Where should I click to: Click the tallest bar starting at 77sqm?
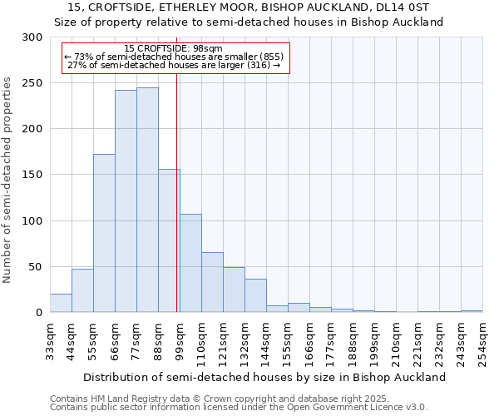coord(147,200)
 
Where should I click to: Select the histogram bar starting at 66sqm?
coord(126,201)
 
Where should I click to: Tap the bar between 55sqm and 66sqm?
coord(104,233)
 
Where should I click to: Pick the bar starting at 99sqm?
coord(190,263)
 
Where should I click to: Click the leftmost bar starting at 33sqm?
coord(61,304)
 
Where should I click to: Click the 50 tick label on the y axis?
coord(35,267)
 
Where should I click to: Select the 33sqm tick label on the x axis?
coord(50,339)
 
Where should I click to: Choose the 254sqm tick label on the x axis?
coord(482,342)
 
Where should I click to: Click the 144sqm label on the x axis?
coord(266,342)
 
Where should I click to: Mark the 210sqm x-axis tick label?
coord(396,342)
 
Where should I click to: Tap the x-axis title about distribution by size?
coord(266,377)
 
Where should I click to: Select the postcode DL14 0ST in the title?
coord(396,7)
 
